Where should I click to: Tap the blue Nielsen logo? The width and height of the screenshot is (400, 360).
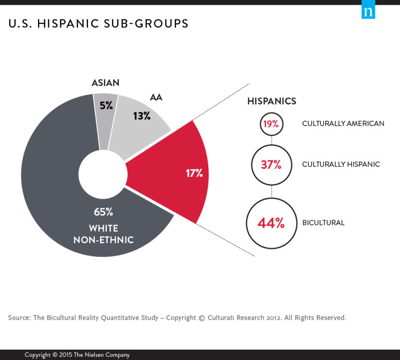(368, 11)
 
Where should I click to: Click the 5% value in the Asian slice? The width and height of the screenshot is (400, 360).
(106, 105)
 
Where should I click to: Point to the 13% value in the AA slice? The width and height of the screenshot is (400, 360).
(141, 116)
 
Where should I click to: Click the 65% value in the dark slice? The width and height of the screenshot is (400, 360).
(103, 212)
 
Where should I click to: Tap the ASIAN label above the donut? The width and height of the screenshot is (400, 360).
(105, 83)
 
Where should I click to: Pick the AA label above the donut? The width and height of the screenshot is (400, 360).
(156, 97)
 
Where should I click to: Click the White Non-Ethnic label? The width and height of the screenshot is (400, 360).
(103, 234)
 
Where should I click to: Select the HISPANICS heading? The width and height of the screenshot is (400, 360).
(271, 101)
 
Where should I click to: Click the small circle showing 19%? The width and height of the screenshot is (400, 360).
(271, 124)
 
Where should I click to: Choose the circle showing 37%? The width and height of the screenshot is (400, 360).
(271, 165)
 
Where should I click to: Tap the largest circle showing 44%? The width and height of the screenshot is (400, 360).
(271, 223)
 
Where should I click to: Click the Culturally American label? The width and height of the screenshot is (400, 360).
(343, 124)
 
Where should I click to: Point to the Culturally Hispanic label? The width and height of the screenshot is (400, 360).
(341, 165)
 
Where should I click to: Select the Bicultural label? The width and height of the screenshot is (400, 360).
(323, 223)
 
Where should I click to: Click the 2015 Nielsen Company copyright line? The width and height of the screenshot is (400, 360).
(77, 355)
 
